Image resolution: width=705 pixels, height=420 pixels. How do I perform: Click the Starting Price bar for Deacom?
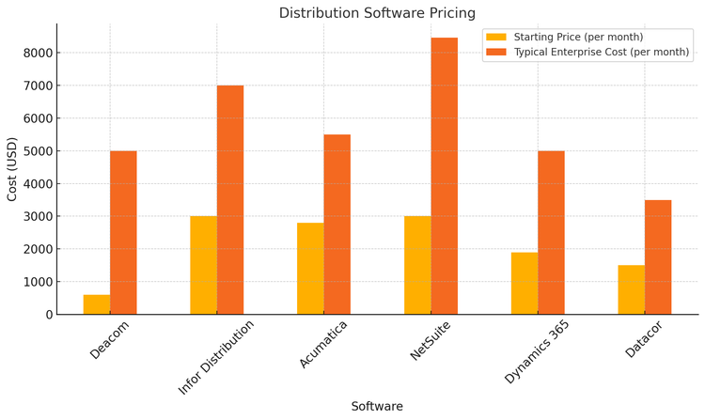pyautogui.click(x=97, y=304)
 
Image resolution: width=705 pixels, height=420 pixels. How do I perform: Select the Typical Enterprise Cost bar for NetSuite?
pyautogui.click(x=445, y=176)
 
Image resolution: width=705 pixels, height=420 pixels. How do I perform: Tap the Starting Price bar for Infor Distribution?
pyautogui.click(x=203, y=265)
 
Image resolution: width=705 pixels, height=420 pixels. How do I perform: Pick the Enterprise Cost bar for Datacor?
pyautogui.click(x=658, y=257)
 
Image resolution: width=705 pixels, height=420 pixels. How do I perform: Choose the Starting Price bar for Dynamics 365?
pyautogui.click(x=525, y=283)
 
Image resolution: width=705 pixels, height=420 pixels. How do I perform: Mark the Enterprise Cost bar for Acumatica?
pyautogui.click(x=337, y=224)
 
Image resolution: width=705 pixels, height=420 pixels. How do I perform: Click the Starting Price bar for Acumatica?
pyautogui.click(x=310, y=268)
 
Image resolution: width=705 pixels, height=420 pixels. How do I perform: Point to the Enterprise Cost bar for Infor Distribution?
pyautogui.click(x=230, y=199)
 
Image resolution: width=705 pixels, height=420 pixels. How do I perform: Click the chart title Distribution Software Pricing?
pyautogui.click(x=377, y=13)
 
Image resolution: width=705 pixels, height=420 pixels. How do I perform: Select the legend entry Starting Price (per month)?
pyautogui.click(x=578, y=37)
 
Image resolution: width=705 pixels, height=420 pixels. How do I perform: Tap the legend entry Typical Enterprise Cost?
pyautogui.click(x=601, y=52)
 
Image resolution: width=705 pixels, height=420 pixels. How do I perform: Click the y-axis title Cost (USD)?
pyautogui.click(x=12, y=169)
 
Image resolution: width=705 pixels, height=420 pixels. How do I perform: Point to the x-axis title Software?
pyautogui.click(x=377, y=406)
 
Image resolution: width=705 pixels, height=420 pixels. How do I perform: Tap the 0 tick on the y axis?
pyautogui.click(x=48, y=314)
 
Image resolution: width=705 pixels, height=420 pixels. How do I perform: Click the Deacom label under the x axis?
pyautogui.click(x=110, y=339)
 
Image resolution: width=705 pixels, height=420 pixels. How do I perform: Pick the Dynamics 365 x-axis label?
pyautogui.click(x=537, y=350)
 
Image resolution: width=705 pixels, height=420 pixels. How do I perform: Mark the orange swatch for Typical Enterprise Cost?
pyautogui.click(x=496, y=52)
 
